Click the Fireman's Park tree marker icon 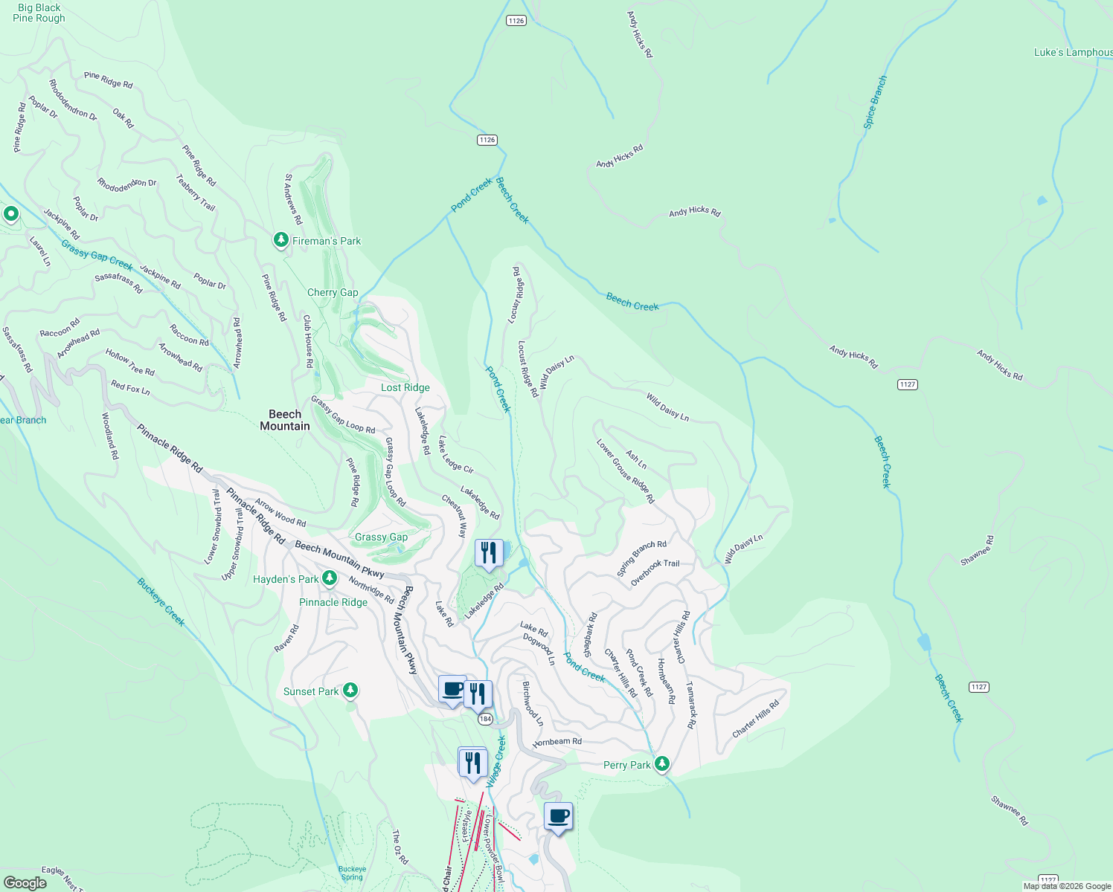tap(280, 240)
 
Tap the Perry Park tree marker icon tap(661, 763)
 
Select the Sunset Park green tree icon tap(350, 691)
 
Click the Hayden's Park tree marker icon tap(329, 578)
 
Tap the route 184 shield tap(485, 719)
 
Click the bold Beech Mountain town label tap(285, 420)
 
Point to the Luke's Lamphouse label tap(1073, 52)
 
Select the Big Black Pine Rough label tap(39, 13)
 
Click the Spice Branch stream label tap(875, 102)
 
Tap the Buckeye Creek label tap(161, 602)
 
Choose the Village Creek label tap(496, 762)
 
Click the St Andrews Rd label tap(293, 199)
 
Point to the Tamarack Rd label tap(691, 705)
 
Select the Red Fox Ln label tap(130, 387)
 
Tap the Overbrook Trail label tap(655, 573)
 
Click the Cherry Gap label tap(333, 292)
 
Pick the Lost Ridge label tap(405, 387)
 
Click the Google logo tap(25, 882)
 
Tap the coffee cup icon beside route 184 tap(452, 689)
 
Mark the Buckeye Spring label tap(352, 873)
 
